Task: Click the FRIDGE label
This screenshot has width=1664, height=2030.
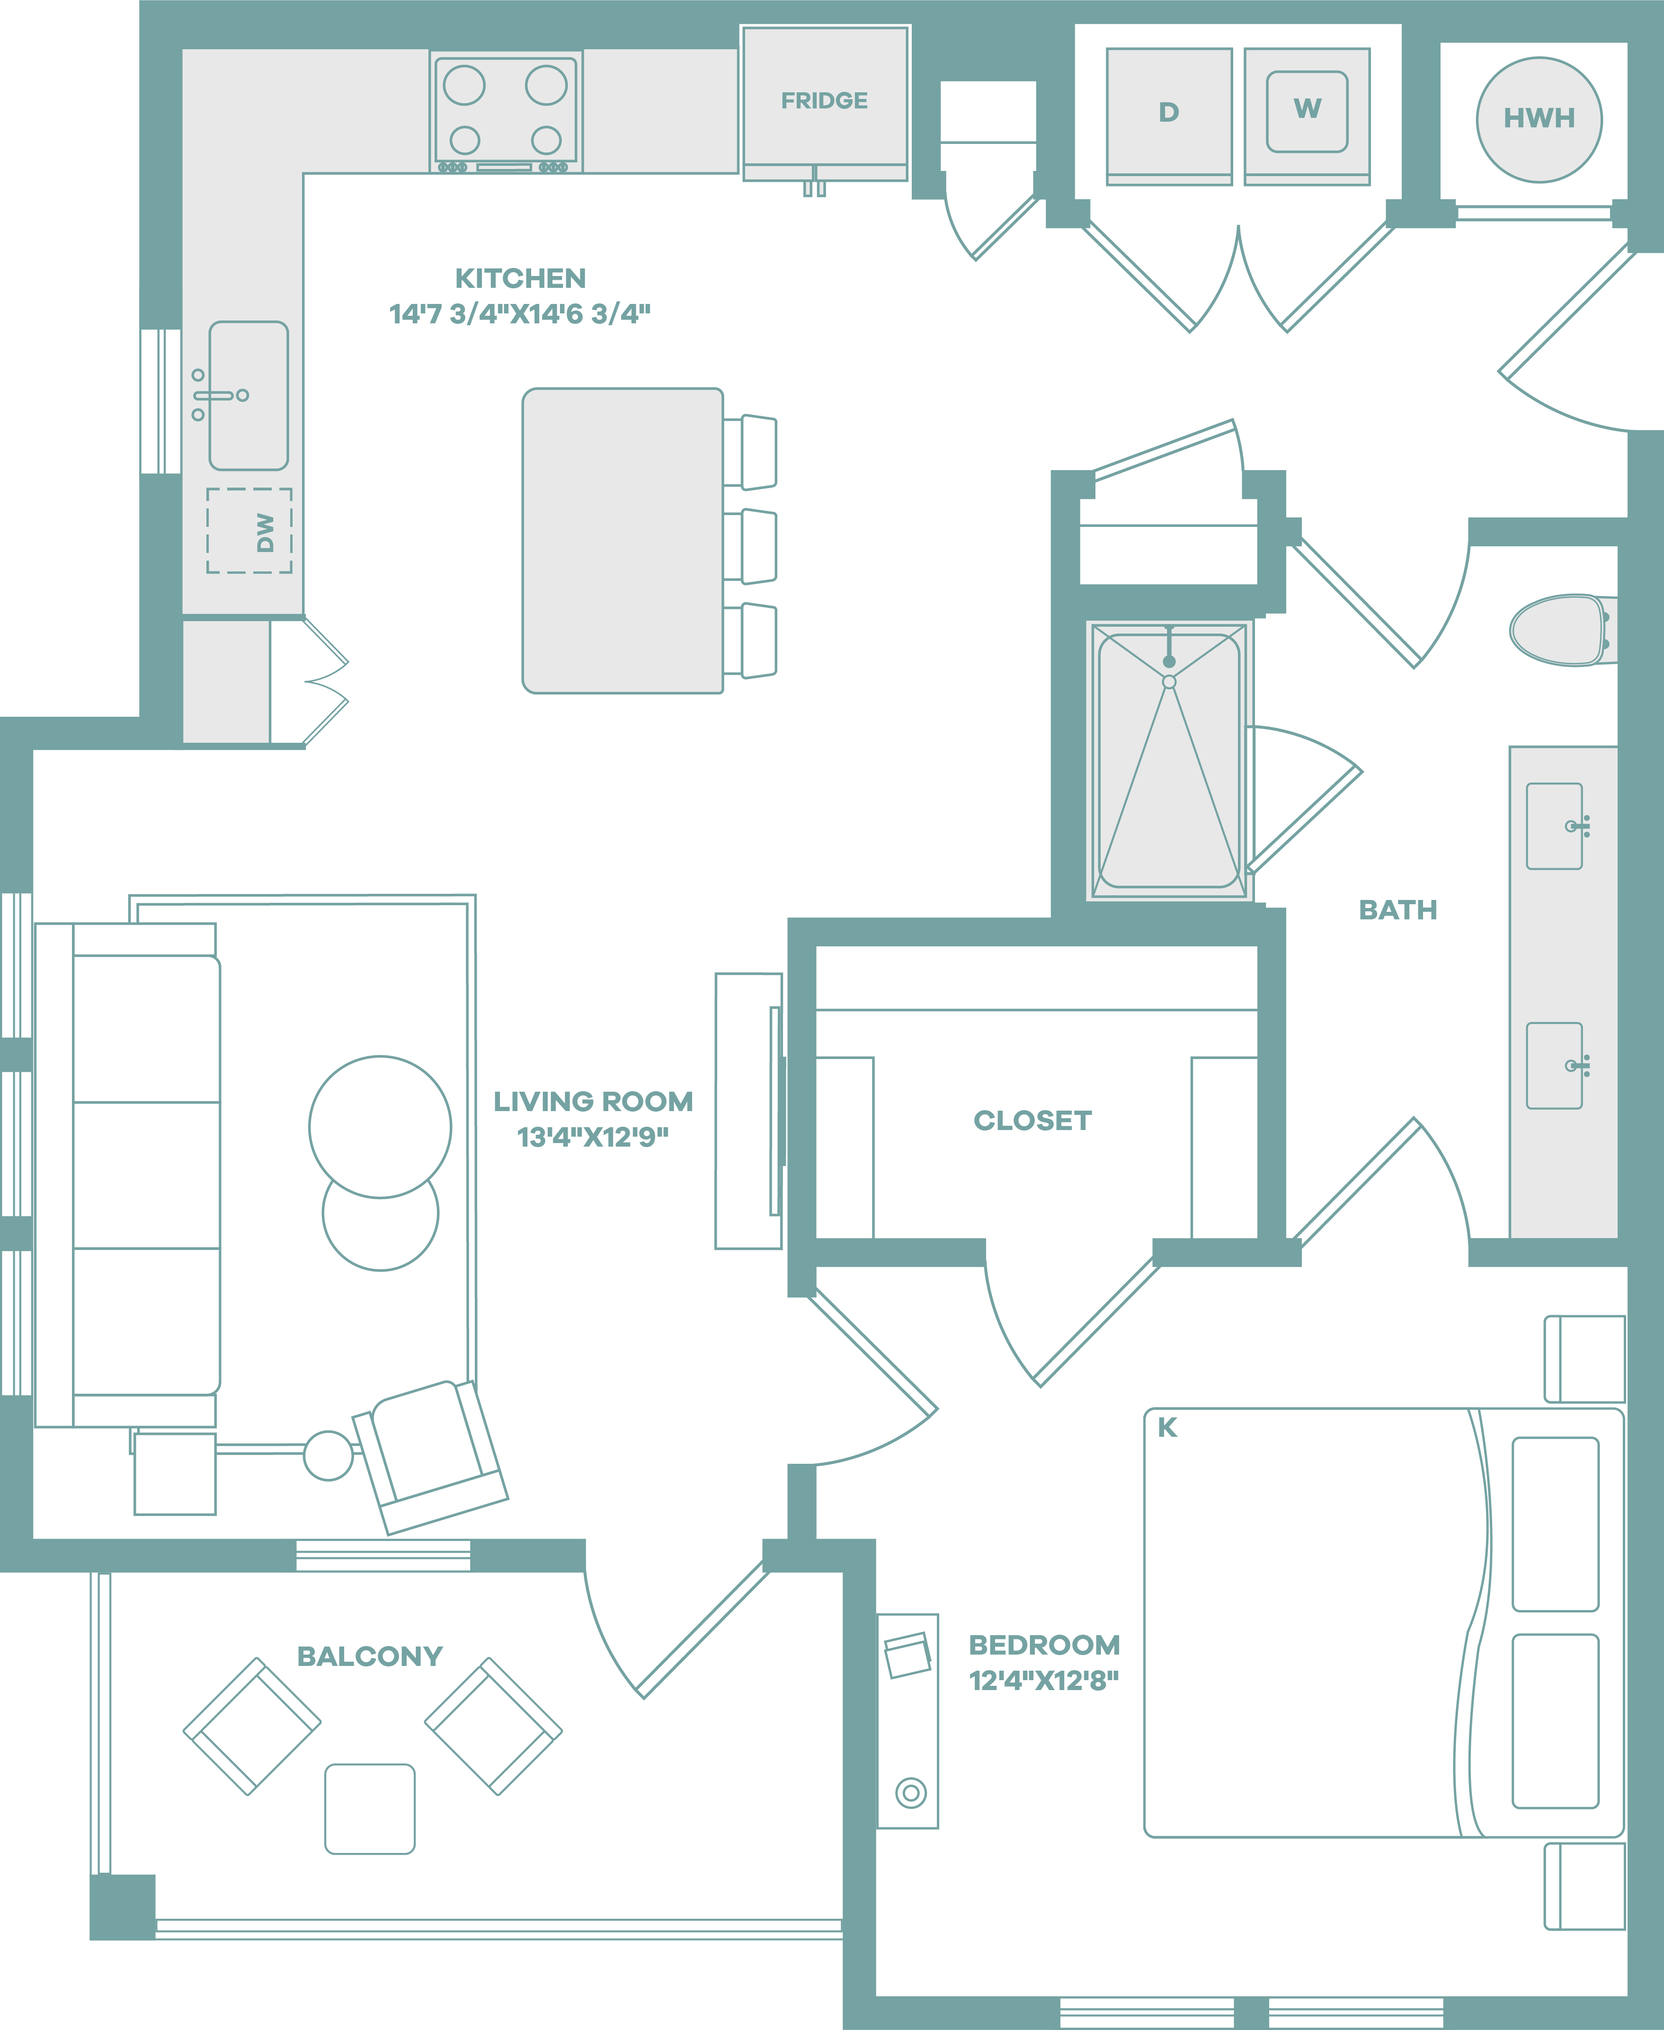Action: pos(824,101)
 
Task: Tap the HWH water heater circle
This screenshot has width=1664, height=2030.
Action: pos(1539,120)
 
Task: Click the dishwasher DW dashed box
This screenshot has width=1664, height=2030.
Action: pos(249,531)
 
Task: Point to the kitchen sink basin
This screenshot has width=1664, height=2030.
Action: pos(248,395)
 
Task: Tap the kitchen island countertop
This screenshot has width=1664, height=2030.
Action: pos(622,541)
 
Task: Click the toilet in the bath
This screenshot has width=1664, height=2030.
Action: pos(1562,630)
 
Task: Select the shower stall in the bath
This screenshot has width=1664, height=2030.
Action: pos(1169,761)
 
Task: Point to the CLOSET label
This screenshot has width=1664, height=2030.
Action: pos(1032,1121)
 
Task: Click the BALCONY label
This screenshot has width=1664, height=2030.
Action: pos(370,1656)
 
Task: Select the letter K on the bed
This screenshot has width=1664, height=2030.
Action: pos(1166,1427)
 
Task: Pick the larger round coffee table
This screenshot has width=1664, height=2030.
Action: pos(380,1127)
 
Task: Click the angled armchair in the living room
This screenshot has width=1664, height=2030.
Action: pos(430,1457)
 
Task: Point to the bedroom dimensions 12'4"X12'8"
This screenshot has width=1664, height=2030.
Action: pos(1044,1680)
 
